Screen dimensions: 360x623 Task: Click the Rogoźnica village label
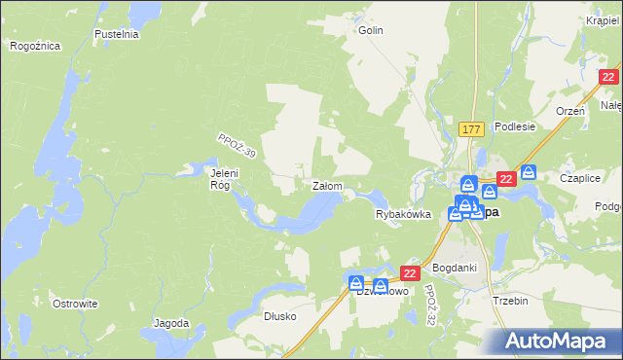tap(35, 46)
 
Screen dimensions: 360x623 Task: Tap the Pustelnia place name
tap(118, 33)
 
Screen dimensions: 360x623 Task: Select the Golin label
tap(371, 30)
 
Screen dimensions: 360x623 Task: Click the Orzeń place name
tap(570, 111)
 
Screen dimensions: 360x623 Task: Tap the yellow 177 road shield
tap(471, 129)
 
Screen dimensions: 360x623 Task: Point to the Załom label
tap(326, 185)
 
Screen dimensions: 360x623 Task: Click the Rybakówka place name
tap(403, 215)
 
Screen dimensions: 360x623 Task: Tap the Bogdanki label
tap(453, 267)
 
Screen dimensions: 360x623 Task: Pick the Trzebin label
tap(510, 301)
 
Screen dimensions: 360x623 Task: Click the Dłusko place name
tap(279, 316)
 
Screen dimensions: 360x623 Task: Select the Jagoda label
tap(171, 323)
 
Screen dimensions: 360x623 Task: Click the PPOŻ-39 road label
tap(237, 148)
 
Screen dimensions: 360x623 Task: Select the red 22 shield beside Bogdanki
tap(410, 273)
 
